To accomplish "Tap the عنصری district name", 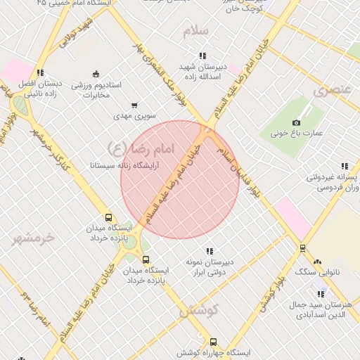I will (x=332, y=90).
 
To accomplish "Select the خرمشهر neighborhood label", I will (x=32, y=238).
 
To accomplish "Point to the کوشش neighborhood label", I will (x=199, y=310).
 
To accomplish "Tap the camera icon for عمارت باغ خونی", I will (x=297, y=122).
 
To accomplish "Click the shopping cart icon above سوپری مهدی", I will (x=134, y=105).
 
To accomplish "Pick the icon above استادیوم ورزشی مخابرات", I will (x=96, y=74).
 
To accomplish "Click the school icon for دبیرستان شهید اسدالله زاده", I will (x=202, y=56).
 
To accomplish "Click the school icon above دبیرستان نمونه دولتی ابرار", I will (x=210, y=251).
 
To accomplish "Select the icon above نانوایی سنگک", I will (x=317, y=261).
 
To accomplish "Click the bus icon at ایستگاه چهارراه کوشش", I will (x=214, y=341).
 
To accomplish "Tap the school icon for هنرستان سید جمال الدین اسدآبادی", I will (x=321, y=294).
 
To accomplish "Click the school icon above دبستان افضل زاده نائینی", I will (x=41, y=72).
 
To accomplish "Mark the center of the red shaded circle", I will (x=180, y=179).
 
